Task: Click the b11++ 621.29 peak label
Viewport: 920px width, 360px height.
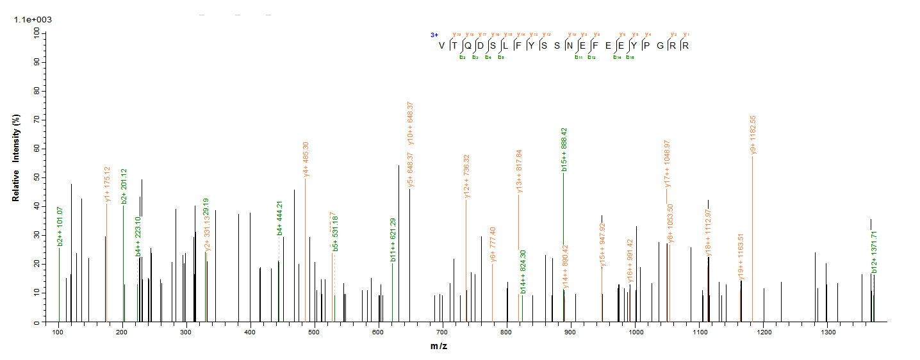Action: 393,240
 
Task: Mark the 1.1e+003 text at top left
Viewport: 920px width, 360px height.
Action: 33,20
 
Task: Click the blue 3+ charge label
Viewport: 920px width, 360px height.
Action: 434,35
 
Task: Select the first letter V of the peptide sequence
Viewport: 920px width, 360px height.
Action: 441,45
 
